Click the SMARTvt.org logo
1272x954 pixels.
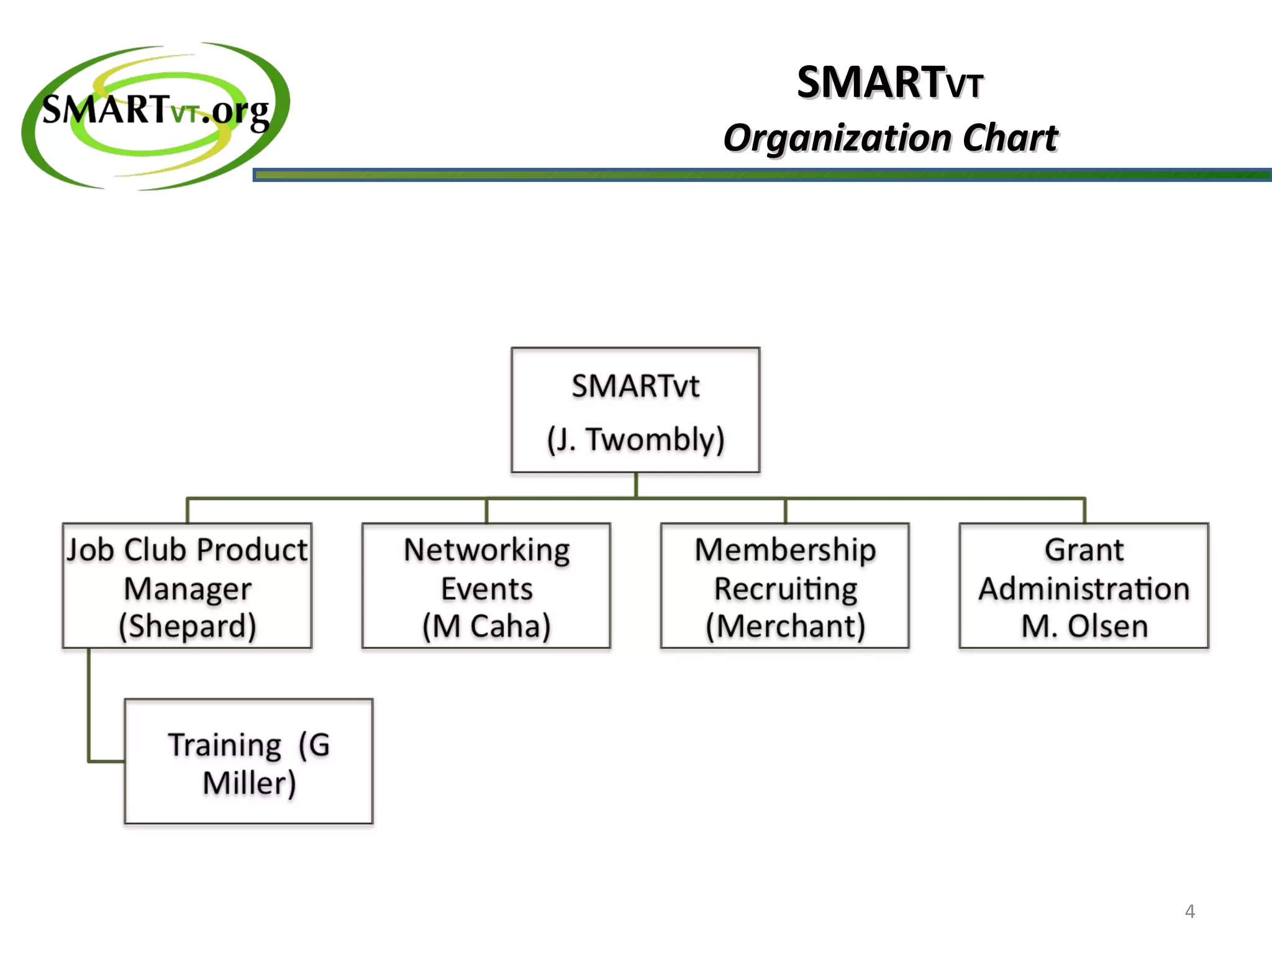tap(155, 115)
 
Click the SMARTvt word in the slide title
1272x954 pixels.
tap(889, 83)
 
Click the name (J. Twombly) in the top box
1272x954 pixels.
tap(635, 440)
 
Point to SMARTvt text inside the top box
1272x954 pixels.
tap(635, 386)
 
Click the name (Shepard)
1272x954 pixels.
tap(188, 626)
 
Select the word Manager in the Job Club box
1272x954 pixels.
tap(188, 589)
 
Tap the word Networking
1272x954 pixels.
tap(486, 550)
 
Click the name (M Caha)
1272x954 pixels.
tap(486, 626)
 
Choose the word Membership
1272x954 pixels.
tap(785, 550)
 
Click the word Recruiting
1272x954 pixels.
tap(785, 589)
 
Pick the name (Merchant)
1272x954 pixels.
tap(785, 626)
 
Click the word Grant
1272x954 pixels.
tap(1084, 550)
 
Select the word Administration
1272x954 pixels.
tap(1084, 589)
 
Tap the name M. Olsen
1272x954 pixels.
tap(1084, 626)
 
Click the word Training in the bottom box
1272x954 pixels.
tap(225, 745)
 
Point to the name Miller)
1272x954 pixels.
tap(249, 783)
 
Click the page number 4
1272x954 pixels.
tap(1189, 911)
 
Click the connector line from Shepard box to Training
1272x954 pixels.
tap(89, 708)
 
